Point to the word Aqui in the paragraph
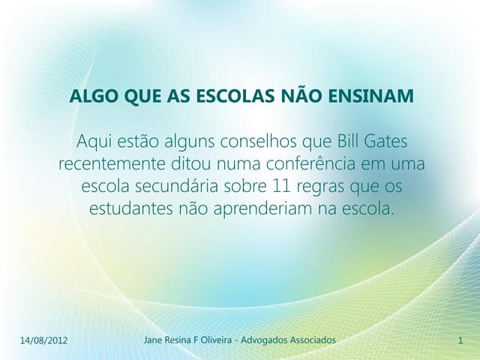94,141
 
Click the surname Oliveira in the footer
216,340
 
